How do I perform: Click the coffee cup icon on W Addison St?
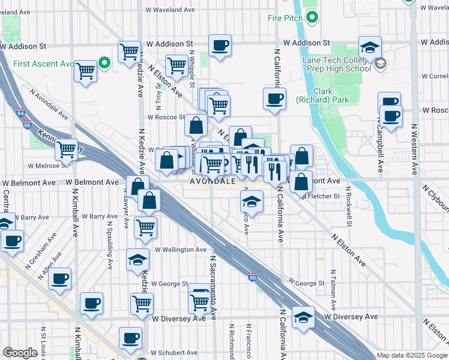pyautogui.click(x=220, y=45)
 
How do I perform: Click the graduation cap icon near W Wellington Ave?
pyautogui.click(x=137, y=260)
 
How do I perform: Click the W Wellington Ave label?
pyautogui.click(x=181, y=250)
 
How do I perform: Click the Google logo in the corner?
pyautogui.click(x=20, y=353)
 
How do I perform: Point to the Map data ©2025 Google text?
pyautogui.click(x=411, y=355)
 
